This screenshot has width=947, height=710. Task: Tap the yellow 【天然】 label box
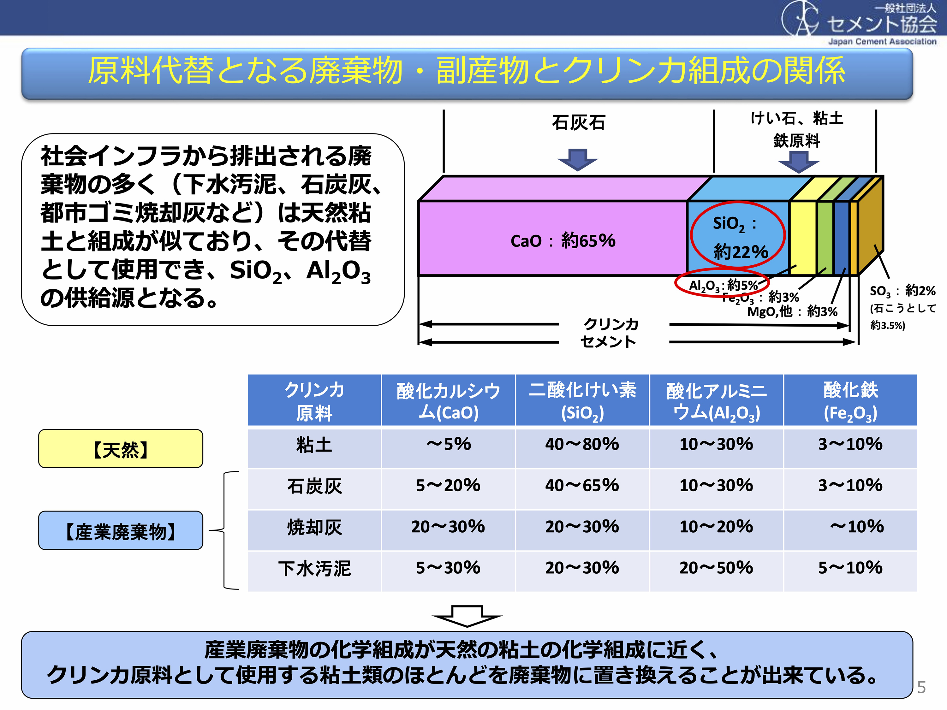pyautogui.click(x=120, y=448)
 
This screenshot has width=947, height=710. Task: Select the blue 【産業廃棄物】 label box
pyautogui.click(x=120, y=530)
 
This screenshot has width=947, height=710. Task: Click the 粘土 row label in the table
pyautogui.click(x=314, y=445)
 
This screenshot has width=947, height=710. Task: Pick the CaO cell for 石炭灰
pyautogui.click(x=448, y=486)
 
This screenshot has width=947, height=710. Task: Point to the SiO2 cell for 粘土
pyautogui.click(x=582, y=445)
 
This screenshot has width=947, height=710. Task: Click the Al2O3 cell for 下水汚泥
pyautogui.click(x=716, y=568)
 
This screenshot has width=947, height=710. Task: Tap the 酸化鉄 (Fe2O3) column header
pyautogui.click(x=850, y=400)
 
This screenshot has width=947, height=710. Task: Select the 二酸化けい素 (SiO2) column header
pyautogui.click(x=582, y=400)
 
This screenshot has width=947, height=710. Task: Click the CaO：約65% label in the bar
pyautogui.click(x=563, y=241)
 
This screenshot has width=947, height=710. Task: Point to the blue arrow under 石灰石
pyautogui.click(x=578, y=160)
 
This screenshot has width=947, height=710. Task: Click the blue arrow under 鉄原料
pyautogui.click(x=798, y=162)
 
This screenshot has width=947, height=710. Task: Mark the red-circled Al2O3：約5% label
pyautogui.click(x=723, y=285)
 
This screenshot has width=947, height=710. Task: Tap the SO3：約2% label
pyautogui.click(x=902, y=291)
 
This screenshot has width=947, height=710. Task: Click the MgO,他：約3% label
pyautogui.click(x=792, y=311)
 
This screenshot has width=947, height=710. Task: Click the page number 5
pyautogui.click(x=921, y=688)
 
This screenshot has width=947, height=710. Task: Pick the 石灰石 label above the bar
pyautogui.click(x=578, y=123)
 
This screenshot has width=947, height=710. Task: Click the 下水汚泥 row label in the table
pyautogui.click(x=314, y=568)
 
